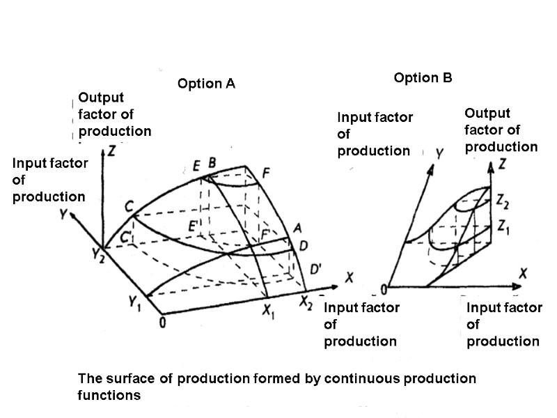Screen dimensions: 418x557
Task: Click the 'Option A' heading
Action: click(x=206, y=84)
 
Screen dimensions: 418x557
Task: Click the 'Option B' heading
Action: click(x=423, y=78)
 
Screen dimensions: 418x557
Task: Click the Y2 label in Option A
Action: click(x=100, y=255)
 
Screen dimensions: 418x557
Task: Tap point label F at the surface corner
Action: click(x=265, y=173)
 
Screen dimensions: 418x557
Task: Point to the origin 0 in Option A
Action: click(x=162, y=322)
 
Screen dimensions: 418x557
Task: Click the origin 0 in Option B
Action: click(x=382, y=289)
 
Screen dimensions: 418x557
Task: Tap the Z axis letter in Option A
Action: click(x=111, y=150)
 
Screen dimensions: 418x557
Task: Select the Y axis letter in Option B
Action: click(x=439, y=151)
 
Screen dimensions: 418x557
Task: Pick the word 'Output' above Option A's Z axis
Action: click(x=100, y=98)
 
